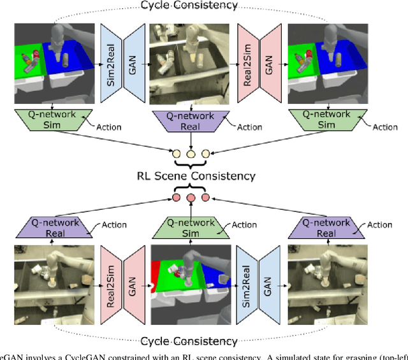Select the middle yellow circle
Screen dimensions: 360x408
pos(189,154)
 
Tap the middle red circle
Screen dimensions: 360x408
pos(189,198)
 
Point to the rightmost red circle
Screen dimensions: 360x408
pos(205,198)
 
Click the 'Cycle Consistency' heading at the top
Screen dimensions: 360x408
pos(189,6)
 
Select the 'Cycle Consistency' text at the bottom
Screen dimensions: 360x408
pos(189,341)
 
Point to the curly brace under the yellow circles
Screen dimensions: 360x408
pos(189,164)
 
